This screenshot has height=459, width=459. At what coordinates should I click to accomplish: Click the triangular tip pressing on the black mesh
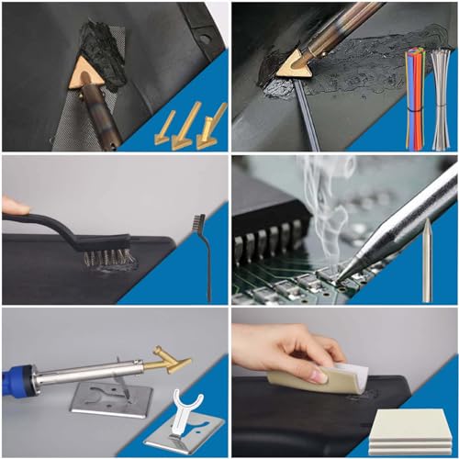86,72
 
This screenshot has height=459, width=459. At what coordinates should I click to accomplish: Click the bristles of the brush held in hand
103,257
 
